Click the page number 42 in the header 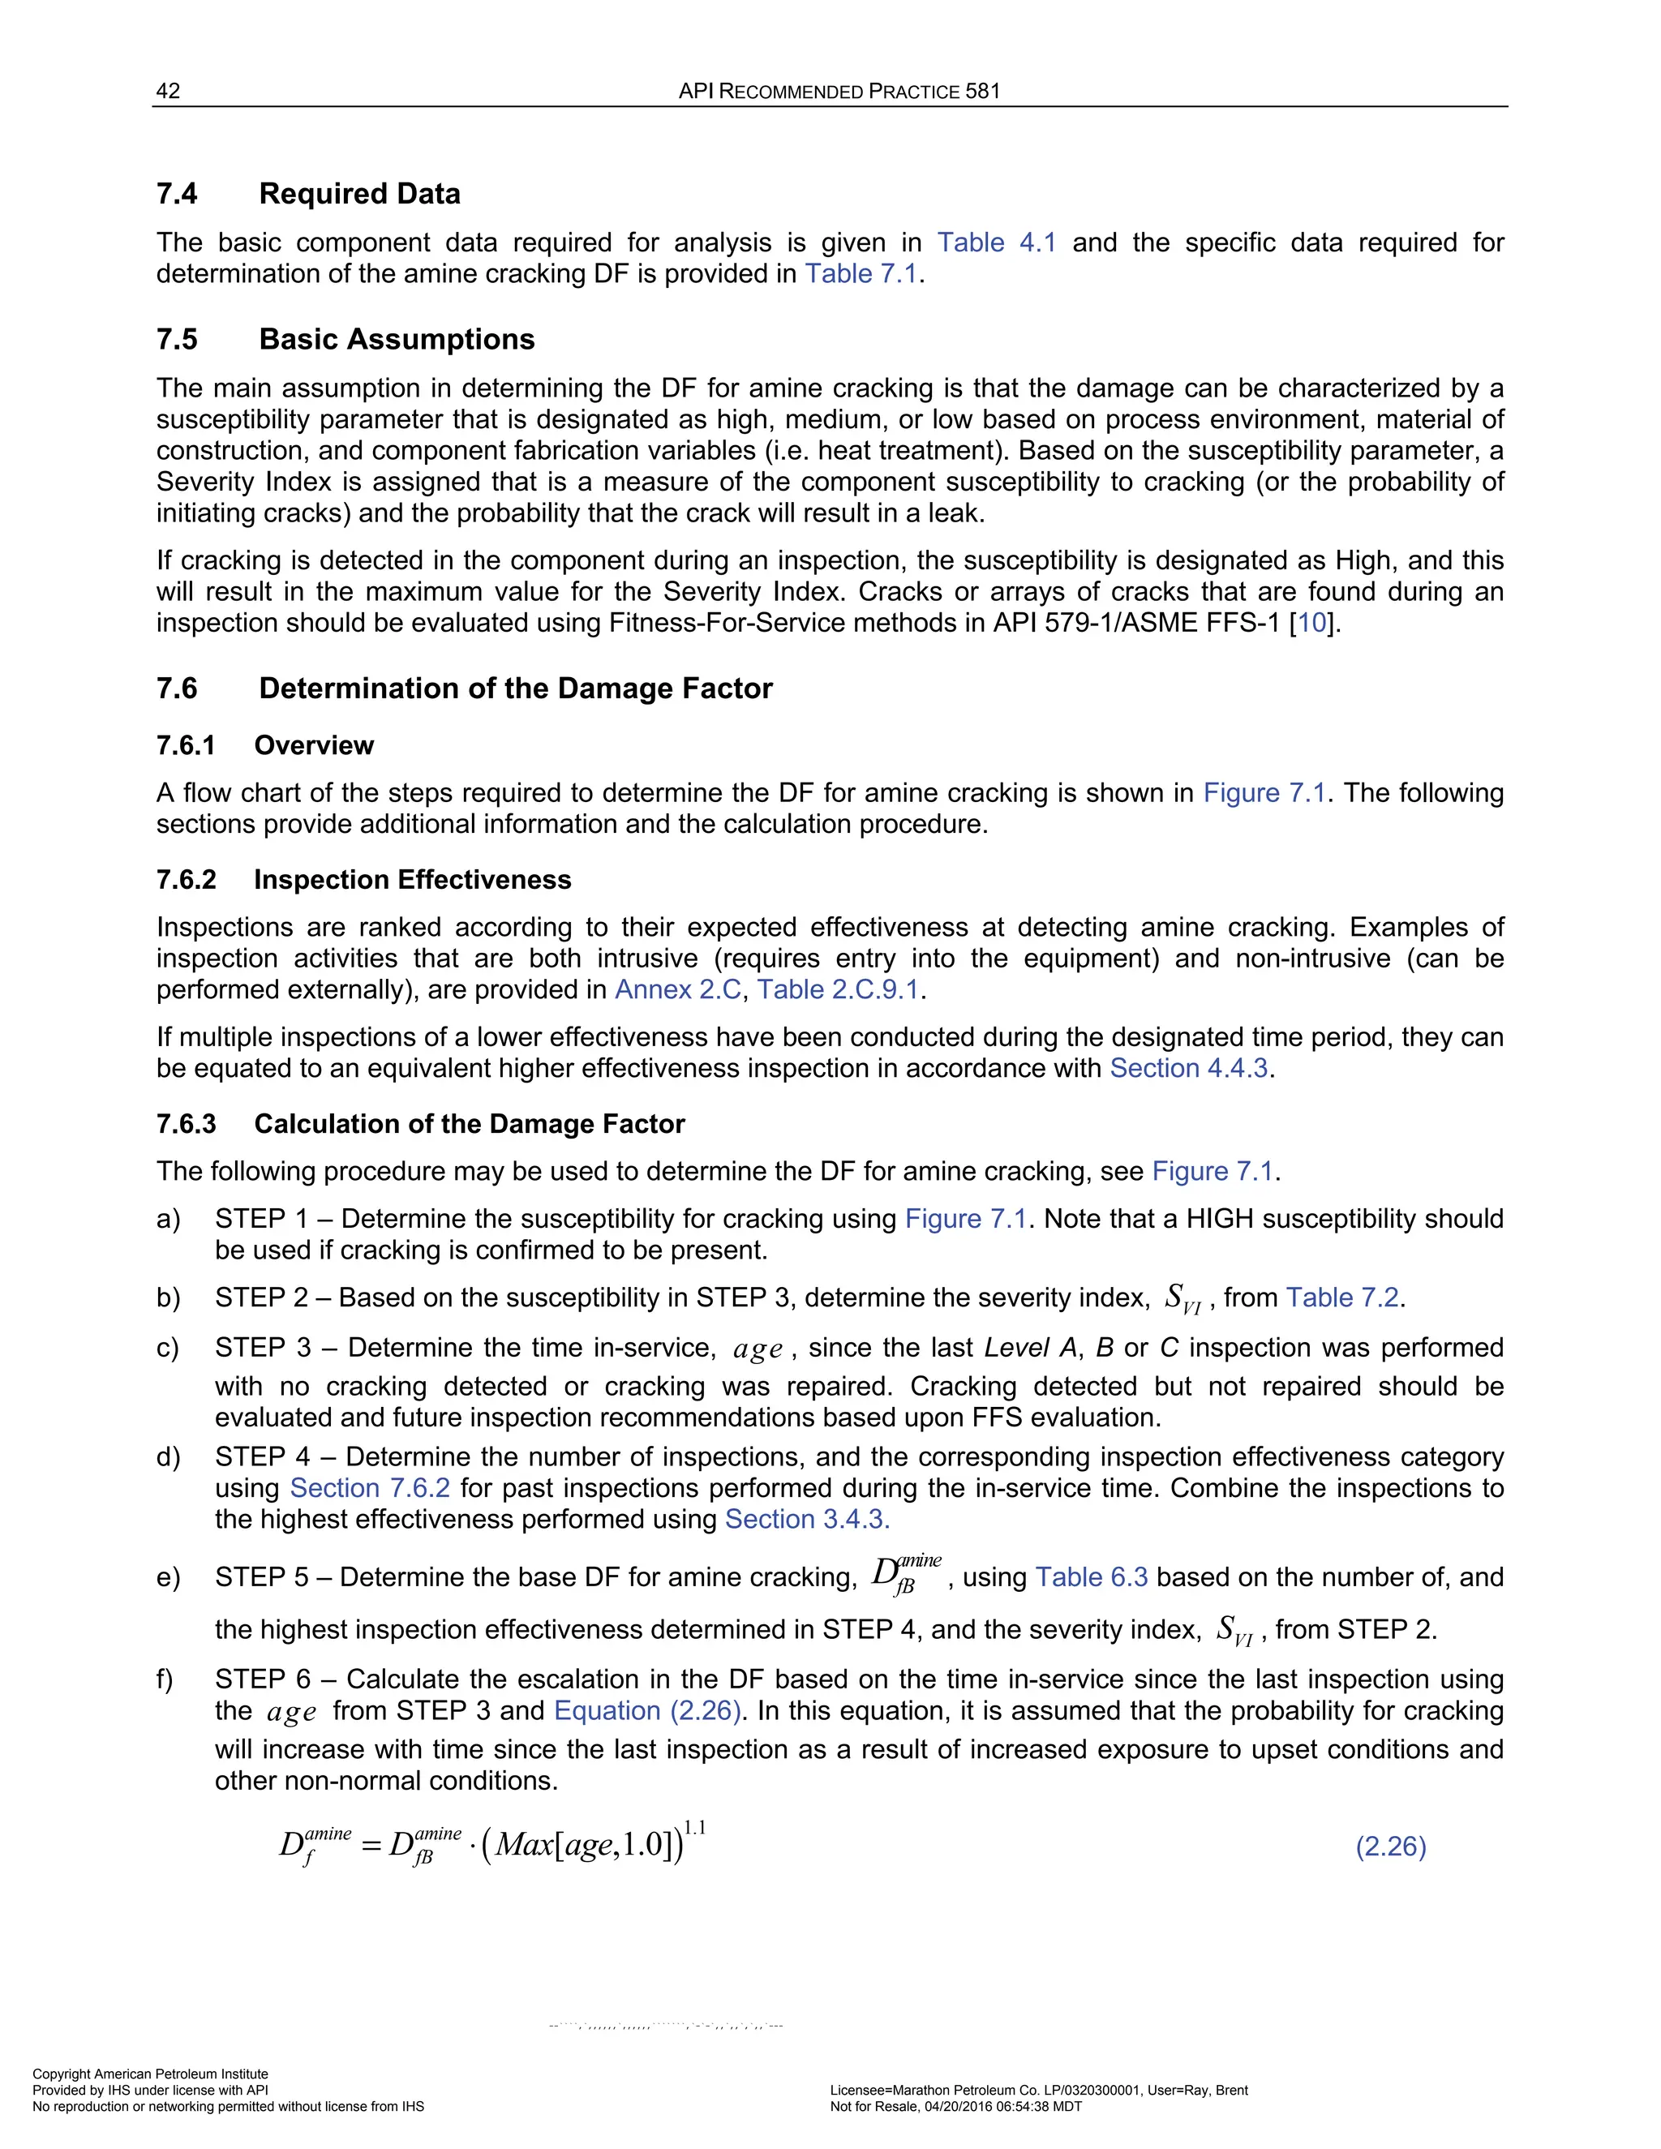click(x=168, y=92)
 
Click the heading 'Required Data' click(x=359, y=194)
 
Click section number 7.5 click(x=177, y=340)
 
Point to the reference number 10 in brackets click(x=1311, y=623)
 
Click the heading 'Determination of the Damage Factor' click(x=516, y=688)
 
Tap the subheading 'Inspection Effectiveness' click(x=412, y=880)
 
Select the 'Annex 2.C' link click(x=677, y=990)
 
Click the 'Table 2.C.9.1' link click(x=837, y=990)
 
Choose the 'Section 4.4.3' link click(x=1189, y=1069)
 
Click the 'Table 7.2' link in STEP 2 click(x=1342, y=1298)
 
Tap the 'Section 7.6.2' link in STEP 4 click(x=370, y=1488)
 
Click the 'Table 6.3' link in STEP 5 click(x=1092, y=1577)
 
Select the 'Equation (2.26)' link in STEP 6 click(x=646, y=1711)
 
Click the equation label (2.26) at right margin click(x=1390, y=1847)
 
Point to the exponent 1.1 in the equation click(x=695, y=1828)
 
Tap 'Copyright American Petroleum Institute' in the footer click(x=151, y=2074)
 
